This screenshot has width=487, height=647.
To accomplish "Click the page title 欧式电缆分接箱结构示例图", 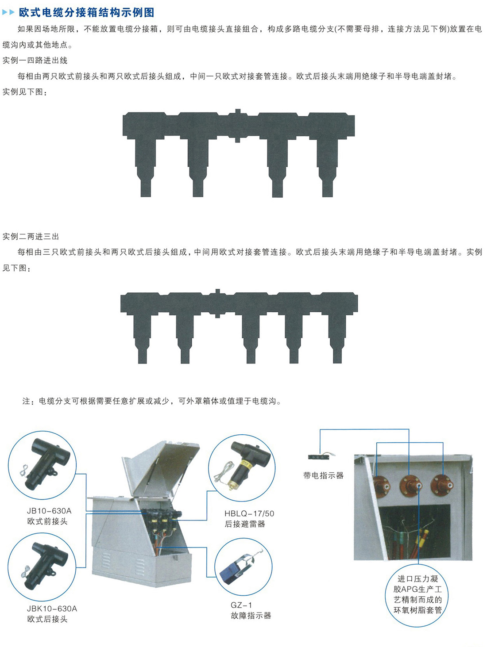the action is [86, 13].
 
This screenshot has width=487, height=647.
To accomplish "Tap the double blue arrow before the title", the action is [8, 13].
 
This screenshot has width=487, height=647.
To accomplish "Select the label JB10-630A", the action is [49, 511].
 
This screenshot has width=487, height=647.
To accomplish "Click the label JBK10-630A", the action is [52, 609].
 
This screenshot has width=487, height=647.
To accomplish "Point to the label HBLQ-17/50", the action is [249, 513].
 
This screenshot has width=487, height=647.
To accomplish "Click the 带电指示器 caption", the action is [323, 475].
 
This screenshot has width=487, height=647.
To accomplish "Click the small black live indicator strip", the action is [318, 457].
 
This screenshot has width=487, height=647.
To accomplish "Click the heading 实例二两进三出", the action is [31, 237].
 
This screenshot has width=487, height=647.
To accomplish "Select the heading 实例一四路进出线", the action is [35, 61].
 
